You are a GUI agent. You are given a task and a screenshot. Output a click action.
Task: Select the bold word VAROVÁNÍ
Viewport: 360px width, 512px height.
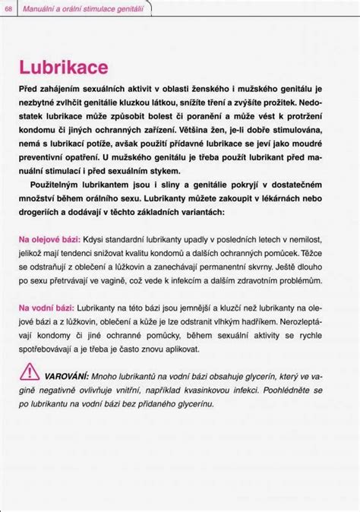pyautogui.click(x=66, y=376)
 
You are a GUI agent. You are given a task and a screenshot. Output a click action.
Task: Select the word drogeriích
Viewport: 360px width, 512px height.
pyautogui.click(x=40, y=216)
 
